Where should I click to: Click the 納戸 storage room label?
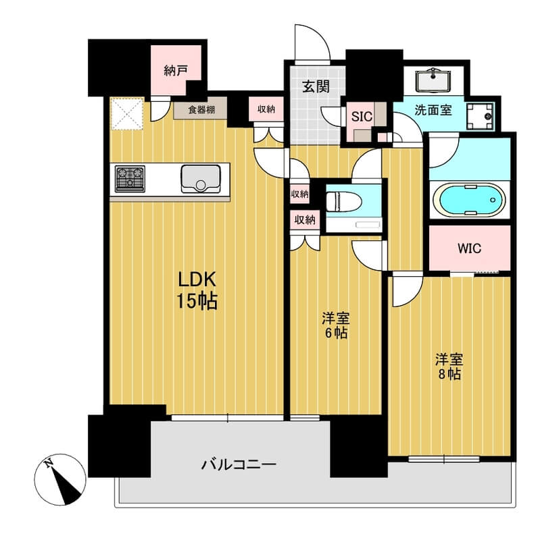pos(176,71)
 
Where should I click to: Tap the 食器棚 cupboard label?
pos(201,109)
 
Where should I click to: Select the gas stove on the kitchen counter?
pos(130,178)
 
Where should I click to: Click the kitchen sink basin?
pos(201,179)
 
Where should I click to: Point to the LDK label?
pos(197,279)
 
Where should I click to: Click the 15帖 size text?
pos(197,301)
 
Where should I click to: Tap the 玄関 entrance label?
pos(316,86)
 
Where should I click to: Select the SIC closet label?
pos(362,117)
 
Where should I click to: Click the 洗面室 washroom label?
pos(433,110)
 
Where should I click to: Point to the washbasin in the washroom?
pos(433,81)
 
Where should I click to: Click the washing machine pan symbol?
pos(480,116)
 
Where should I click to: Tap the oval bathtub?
pos(469,200)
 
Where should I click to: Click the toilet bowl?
pos(344,201)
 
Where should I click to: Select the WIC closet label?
pos(469,248)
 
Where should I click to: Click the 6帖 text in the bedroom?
pos(335,333)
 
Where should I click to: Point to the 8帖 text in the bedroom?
pos(449,375)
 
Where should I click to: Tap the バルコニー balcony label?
pos(239,465)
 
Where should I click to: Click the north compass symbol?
pos(60,479)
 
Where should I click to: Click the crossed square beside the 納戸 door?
pos(127,114)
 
